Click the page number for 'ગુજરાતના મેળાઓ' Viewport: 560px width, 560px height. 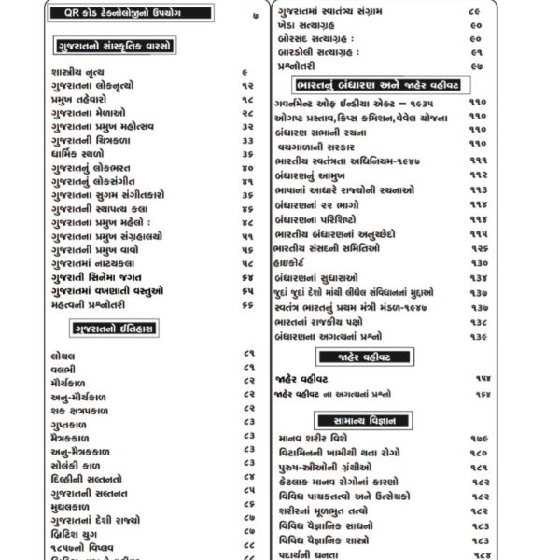tap(247, 112)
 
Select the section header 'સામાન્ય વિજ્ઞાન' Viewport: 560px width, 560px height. tap(411, 420)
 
